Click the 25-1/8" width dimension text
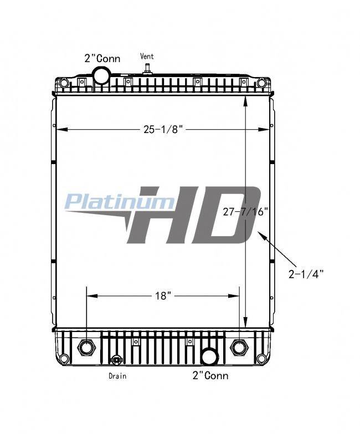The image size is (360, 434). click(163, 129)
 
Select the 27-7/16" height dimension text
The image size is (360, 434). click(246, 212)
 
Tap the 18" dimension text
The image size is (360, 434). click(163, 296)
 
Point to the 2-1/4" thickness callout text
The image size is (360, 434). click(306, 274)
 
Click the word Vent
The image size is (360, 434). click(147, 57)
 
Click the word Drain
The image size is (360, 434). click(117, 376)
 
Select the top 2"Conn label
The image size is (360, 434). click(102, 58)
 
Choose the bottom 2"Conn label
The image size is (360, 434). click(210, 375)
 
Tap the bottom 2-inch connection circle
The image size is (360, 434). click(209, 356)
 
